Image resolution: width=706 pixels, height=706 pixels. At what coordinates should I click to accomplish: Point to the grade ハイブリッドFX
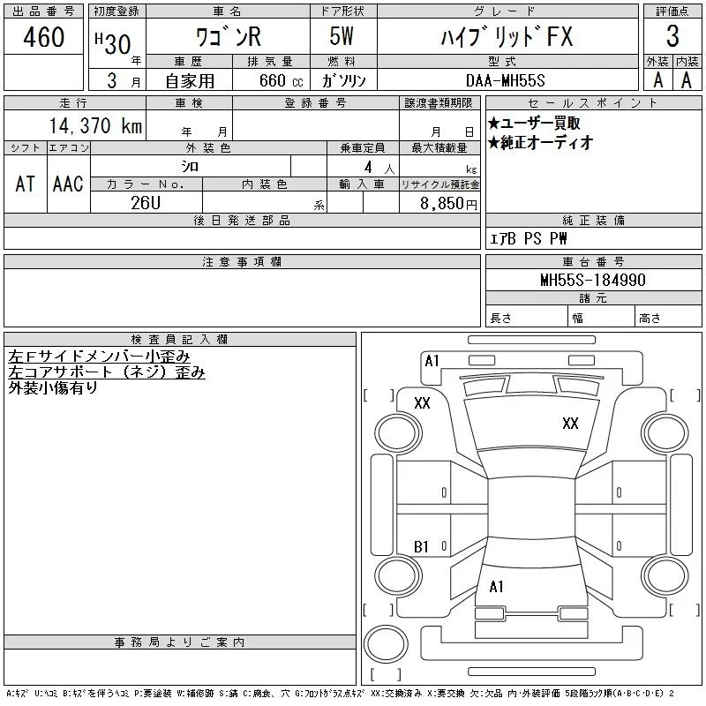[x=508, y=37]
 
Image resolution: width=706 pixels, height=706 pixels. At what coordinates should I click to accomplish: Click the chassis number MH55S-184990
[x=593, y=281]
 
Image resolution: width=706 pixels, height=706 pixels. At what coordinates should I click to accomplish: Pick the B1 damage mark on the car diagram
[x=422, y=547]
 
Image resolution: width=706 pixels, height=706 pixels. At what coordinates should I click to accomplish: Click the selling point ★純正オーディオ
[x=540, y=142]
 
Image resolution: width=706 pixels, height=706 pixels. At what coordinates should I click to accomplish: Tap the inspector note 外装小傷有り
[x=53, y=387]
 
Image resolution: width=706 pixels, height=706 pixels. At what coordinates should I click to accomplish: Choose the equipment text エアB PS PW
[x=529, y=239]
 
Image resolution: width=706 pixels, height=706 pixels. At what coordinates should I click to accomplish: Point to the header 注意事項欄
[x=242, y=262]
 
